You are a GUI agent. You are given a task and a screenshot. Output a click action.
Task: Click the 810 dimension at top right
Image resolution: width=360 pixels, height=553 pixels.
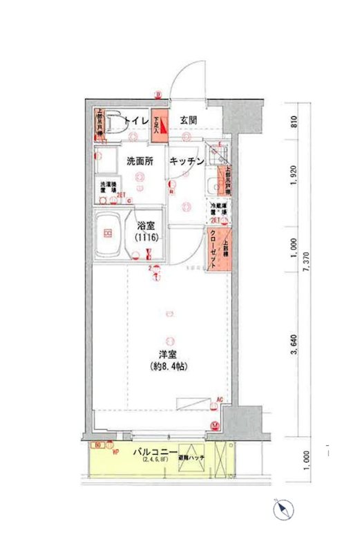click(294, 123)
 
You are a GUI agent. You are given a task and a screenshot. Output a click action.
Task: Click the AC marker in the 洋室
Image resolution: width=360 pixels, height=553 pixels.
click(219, 400)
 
